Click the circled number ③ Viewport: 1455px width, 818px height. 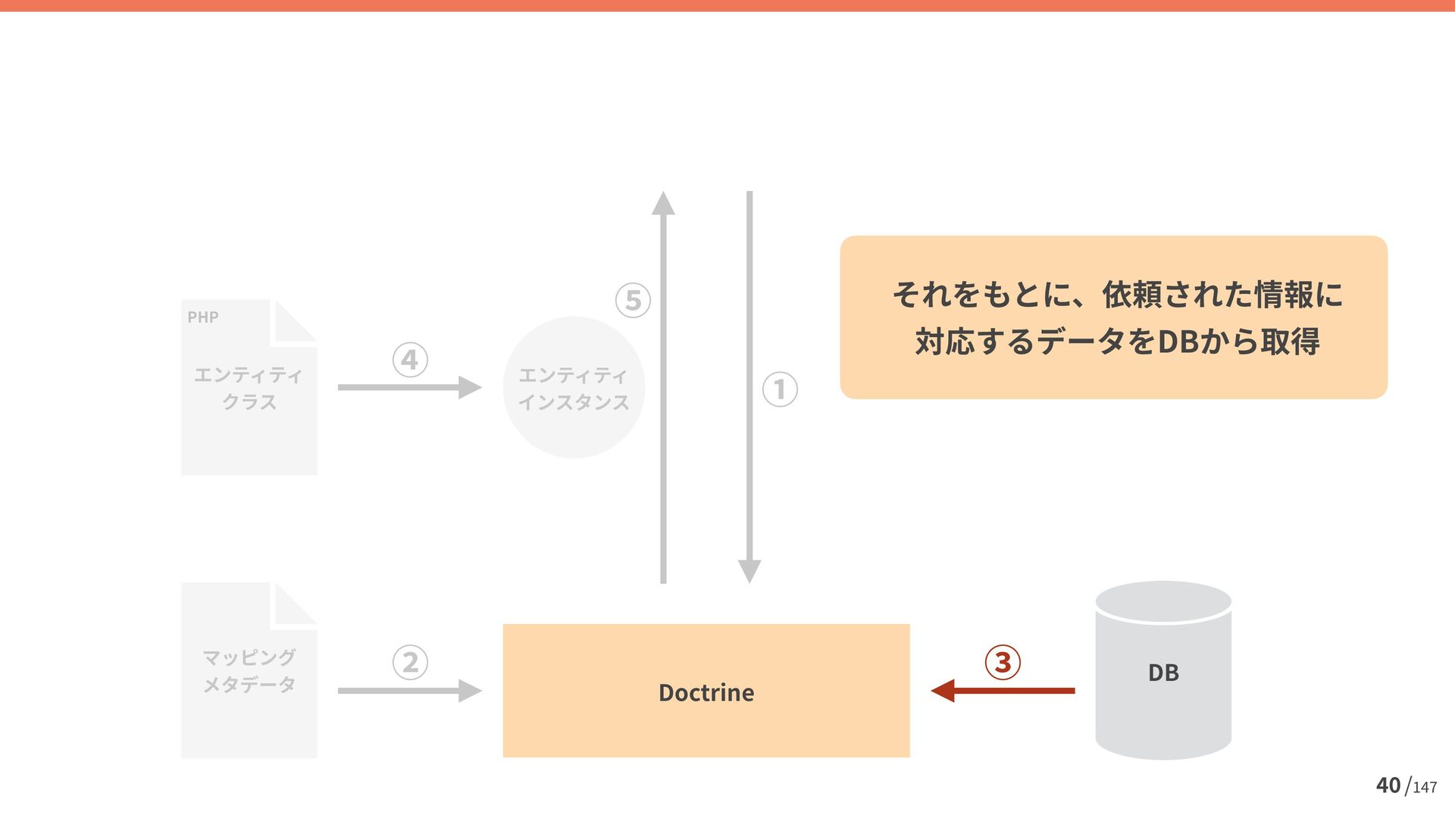click(1003, 662)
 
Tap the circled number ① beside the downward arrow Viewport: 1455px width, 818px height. click(780, 389)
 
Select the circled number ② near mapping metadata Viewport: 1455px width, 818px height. click(410, 662)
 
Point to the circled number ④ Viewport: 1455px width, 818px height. click(410, 360)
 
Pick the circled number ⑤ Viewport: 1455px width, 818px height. click(633, 300)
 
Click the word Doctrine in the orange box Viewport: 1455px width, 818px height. click(706, 692)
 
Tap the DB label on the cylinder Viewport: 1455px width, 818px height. click(1163, 673)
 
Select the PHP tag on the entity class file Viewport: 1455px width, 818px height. click(203, 317)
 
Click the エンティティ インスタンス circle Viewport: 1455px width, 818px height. click(574, 388)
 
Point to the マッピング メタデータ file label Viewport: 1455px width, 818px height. click(249, 670)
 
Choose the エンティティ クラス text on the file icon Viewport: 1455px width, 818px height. click(249, 388)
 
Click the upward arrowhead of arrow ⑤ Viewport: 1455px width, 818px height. click(663, 203)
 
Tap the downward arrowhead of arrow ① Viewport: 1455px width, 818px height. click(749, 571)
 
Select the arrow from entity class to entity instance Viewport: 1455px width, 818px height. click(409, 388)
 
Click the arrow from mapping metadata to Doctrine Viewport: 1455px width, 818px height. click(409, 691)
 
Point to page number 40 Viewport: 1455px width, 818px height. click(1388, 785)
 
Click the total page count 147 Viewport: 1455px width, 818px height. click(1425, 788)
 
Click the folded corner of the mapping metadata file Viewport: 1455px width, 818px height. click(294, 604)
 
